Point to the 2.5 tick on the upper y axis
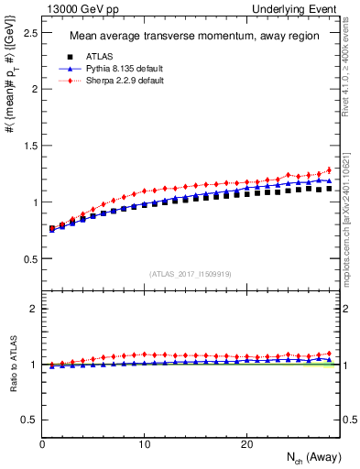click(29, 33)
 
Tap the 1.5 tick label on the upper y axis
click(29, 146)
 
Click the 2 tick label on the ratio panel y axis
click(34, 309)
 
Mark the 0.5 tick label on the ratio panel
click(29, 420)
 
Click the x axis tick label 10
click(144, 443)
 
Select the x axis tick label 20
click(246, 443)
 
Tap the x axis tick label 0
click(42, 443)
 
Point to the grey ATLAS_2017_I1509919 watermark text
click(191, 273)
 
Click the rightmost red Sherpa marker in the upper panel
click(330, 169)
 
